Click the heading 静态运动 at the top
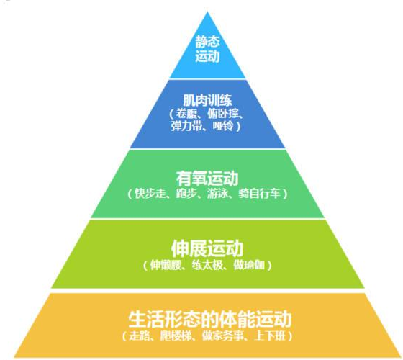click(208, 49)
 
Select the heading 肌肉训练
click(207, 100)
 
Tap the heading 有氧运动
click(207, 179)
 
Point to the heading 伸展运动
click(207, 248)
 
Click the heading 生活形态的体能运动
click(209, 320)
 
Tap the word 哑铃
click(223, 126)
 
